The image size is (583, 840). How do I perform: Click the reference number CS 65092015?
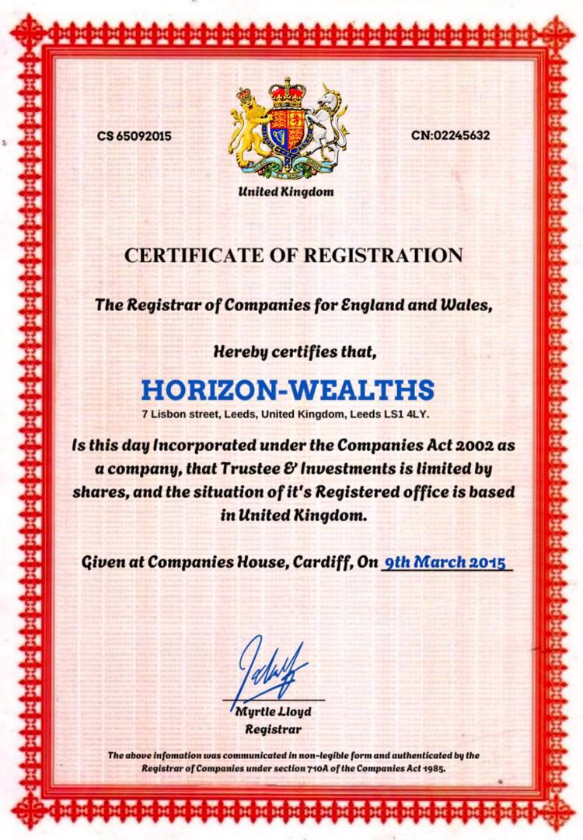[x=134, y=136]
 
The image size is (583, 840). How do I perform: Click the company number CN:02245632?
[x=451, y=135]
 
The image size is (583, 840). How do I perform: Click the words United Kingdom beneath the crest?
[x=285, y=191]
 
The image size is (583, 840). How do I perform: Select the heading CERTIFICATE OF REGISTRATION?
[x=293, y=255]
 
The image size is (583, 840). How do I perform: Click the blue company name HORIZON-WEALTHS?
[x=288, y=388]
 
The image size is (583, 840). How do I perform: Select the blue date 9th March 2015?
[x=446, y=562]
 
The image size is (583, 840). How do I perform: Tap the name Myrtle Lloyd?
[x=273, y=712]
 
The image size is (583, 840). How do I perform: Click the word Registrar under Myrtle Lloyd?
[x=273, y=730]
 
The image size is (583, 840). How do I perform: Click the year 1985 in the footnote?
[x=432, y=768]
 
